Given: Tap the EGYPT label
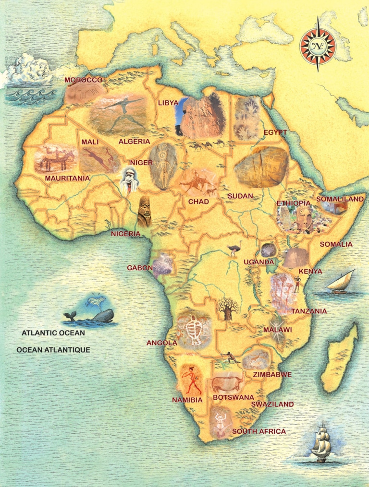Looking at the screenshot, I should (x=275, y=132).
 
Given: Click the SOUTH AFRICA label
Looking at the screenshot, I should (x=259, y=431).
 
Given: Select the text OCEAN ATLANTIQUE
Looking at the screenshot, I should (x=53, y=350).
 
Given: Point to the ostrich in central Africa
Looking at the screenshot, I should (x=234, y=249).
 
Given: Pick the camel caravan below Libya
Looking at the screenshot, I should (x=207, y=144).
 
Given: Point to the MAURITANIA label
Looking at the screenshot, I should (x=67, y=178).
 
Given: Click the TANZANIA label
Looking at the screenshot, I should (x=309, y=311).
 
